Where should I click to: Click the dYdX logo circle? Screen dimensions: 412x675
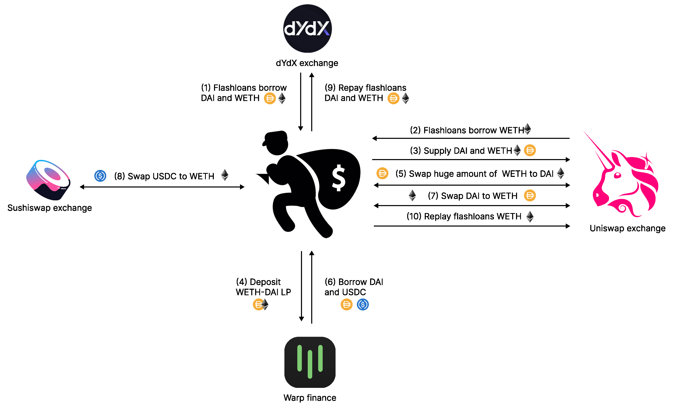point(307,28)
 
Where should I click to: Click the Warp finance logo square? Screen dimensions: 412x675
point(310,362)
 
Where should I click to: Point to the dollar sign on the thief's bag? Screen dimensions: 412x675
point(339,178)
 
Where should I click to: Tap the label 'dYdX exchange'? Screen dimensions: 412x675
point(307,63)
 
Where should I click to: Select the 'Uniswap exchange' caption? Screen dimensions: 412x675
point(627,228)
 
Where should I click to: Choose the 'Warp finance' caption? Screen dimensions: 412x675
point(310,397)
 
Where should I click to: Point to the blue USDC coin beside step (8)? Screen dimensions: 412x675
point(100,176)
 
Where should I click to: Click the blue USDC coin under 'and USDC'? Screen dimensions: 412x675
point(363,304)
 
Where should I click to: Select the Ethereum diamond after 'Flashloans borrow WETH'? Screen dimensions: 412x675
point(527,129)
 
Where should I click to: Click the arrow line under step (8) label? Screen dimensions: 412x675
point(162,187)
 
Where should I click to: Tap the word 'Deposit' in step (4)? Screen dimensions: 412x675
point(265,282)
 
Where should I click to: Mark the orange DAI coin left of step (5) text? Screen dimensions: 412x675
point(382,173)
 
